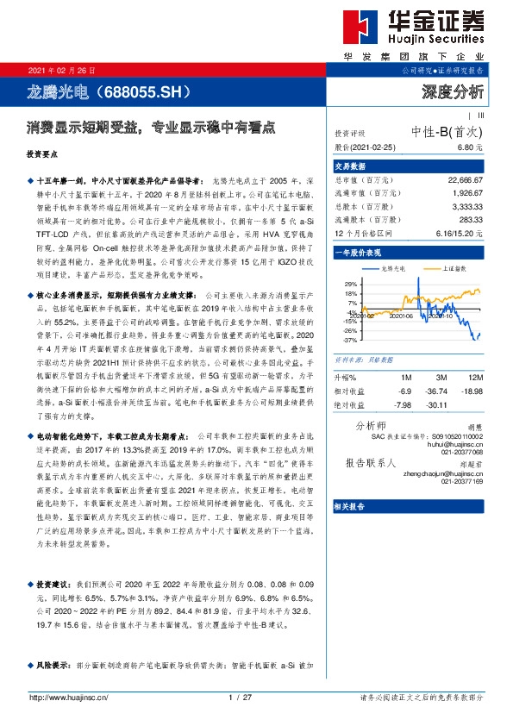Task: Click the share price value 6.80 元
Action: (469, 147)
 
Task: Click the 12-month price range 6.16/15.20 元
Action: (457, 233)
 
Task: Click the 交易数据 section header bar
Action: (410, 166)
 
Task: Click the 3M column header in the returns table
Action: (441, 377)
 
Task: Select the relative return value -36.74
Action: (440, 391)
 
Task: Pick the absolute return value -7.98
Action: (402, 404)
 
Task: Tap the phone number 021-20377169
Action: (461, 481)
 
